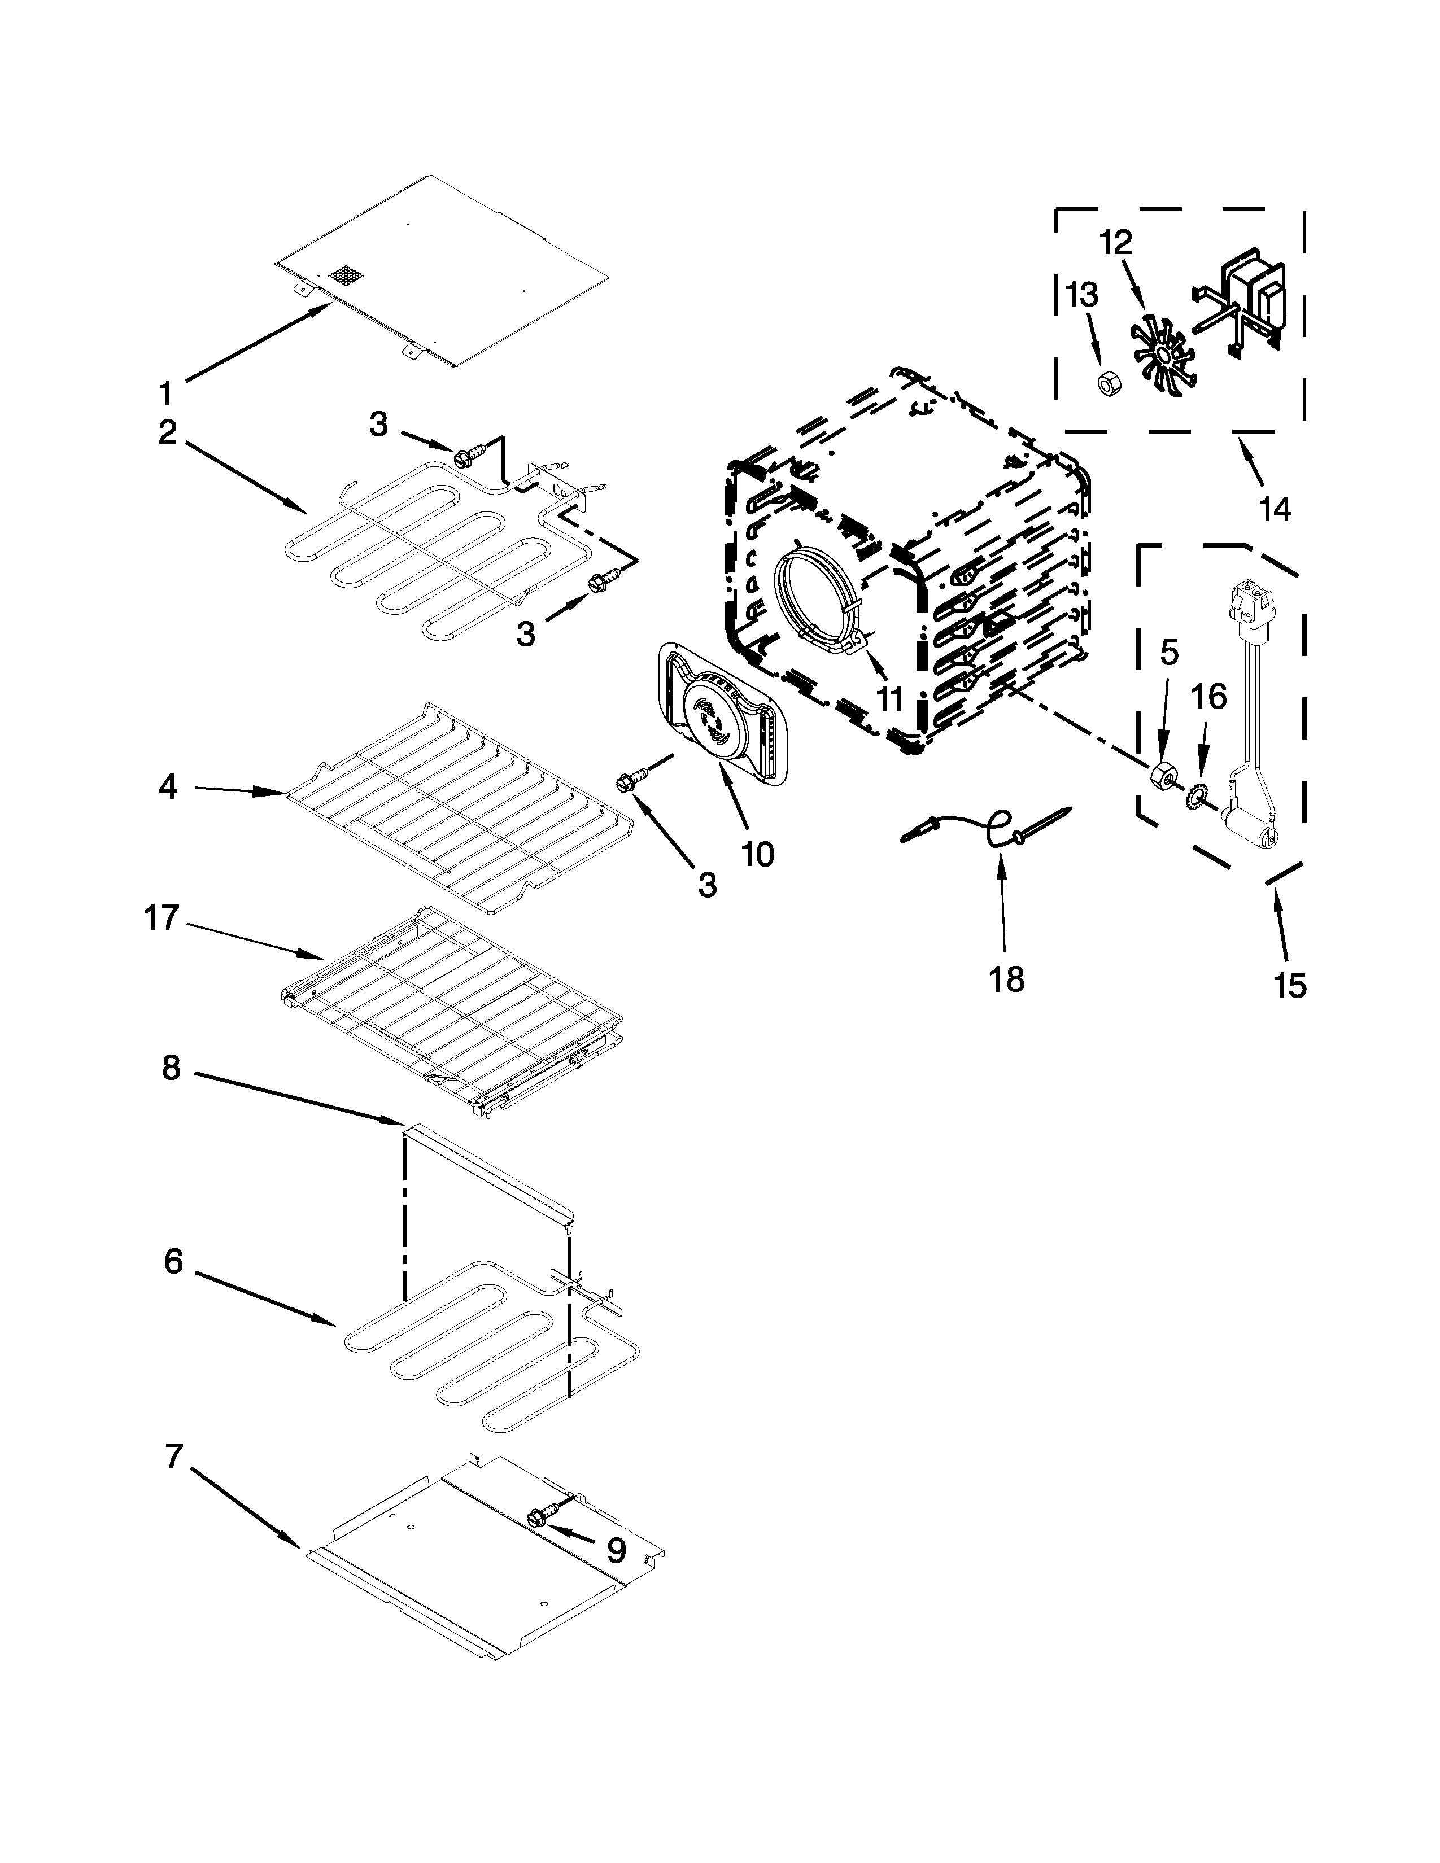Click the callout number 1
pos(167,393)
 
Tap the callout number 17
pos(162,919)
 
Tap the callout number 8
pos(172,1068)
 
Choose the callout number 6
pos(173,1261)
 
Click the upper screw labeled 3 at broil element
pos(468,456)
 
